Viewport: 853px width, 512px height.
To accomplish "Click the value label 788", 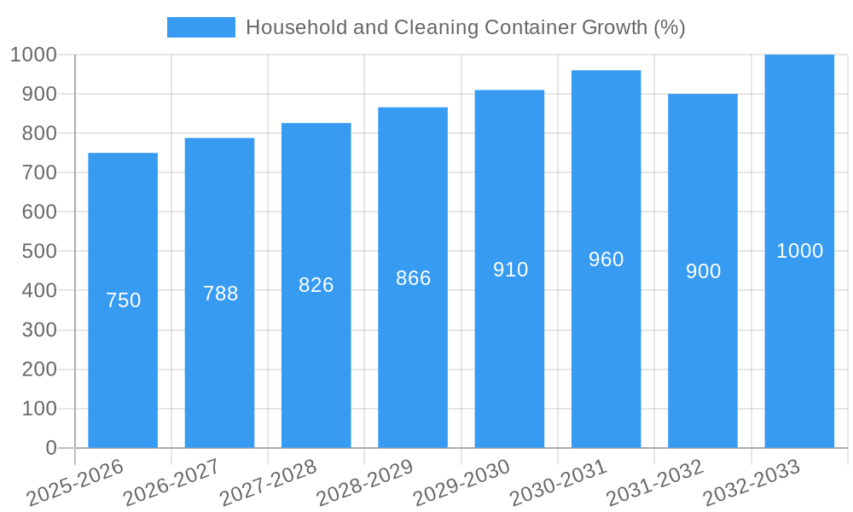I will [x=221, y=294].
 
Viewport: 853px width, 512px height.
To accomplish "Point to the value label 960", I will [x=606, y=259].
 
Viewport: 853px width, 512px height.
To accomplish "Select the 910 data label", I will [x=510, y=270].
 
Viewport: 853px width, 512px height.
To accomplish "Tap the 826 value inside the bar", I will [x=316, y=285].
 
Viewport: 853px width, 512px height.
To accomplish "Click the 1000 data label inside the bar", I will [x=799, y=251].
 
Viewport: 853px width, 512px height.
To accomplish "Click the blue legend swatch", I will [x=201, y=27].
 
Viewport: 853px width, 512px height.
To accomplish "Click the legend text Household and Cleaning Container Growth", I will [x=465, y=27].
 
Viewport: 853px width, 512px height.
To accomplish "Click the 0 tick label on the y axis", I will [x=50, y=448].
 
